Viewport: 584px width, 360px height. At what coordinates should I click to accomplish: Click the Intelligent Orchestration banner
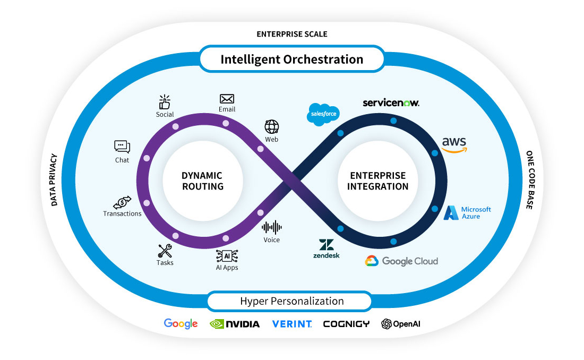click(x=291, y=59)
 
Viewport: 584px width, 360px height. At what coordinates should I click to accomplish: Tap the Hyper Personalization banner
click(x=291, y=301)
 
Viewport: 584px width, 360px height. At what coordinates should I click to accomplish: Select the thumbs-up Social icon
click(x=165, y=102)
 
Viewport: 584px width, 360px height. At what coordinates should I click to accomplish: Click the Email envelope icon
click(x=227, y=99)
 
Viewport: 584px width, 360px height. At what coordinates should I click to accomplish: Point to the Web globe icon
click(x=272, y=127)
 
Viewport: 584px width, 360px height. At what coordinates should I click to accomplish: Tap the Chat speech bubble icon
click(x=122, y=147)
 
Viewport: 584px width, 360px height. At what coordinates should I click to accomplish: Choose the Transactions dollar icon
click(x=122, y=202)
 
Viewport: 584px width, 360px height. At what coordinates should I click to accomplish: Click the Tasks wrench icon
click(x=165, y=251)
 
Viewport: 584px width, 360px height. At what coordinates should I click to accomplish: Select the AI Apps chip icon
click(x=227, y=255)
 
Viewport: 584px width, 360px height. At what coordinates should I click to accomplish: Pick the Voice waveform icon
click(x=272, y=227)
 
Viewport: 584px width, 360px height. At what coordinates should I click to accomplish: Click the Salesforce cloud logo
click(x=323, y=114)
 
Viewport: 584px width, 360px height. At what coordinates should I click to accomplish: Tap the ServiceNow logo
click(x=391, y=102)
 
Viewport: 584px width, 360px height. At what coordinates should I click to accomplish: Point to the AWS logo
click(x=454, y=144)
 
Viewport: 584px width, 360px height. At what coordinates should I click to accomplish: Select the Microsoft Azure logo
click(x=467, y=213)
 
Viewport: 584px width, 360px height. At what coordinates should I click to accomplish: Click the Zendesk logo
click(x=326, y=248)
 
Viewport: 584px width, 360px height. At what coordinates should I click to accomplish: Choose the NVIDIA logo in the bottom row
click(x=235, y=324)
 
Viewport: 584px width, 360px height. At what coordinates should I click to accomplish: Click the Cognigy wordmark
click(x=346, y=324)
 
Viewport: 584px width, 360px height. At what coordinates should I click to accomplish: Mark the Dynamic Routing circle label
click(x=202, y=181)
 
